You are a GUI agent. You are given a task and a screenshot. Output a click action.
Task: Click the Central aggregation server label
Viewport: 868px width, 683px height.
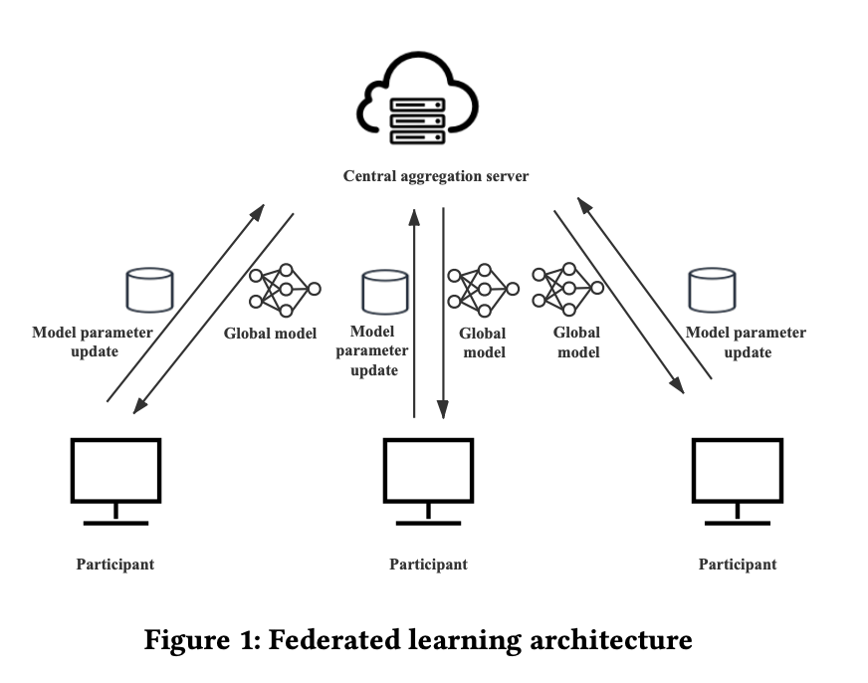pyautogui.click(x=436, y=176)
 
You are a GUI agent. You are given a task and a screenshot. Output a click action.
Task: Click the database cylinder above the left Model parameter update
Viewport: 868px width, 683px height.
pyautogui.click(x=149, y=289)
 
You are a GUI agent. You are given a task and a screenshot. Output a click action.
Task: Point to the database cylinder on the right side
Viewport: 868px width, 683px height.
pyautogui.click(x=713, y=289)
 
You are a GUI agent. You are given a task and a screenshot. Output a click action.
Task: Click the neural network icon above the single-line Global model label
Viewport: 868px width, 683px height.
pyautogui.click(x=285, y=290)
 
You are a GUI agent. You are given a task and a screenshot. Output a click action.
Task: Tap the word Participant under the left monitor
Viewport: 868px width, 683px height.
pyautogui.click(x=115, y=565)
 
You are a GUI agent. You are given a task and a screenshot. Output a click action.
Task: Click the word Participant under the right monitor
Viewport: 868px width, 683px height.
pyautogui.click(x=738, y=565)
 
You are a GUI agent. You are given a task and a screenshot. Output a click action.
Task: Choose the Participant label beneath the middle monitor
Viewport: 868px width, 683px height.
pyautogui.click(x=428, y=565)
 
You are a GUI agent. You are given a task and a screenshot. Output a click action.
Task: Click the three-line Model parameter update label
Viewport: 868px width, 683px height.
pyautogui.click(x=372, y=350)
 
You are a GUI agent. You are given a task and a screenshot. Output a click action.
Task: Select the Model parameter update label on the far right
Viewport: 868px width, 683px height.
pyautogui.click(x=746, y=342)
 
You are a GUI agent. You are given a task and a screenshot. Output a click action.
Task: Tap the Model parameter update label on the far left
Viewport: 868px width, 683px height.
pyautogui.click(x=93, y=341)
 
